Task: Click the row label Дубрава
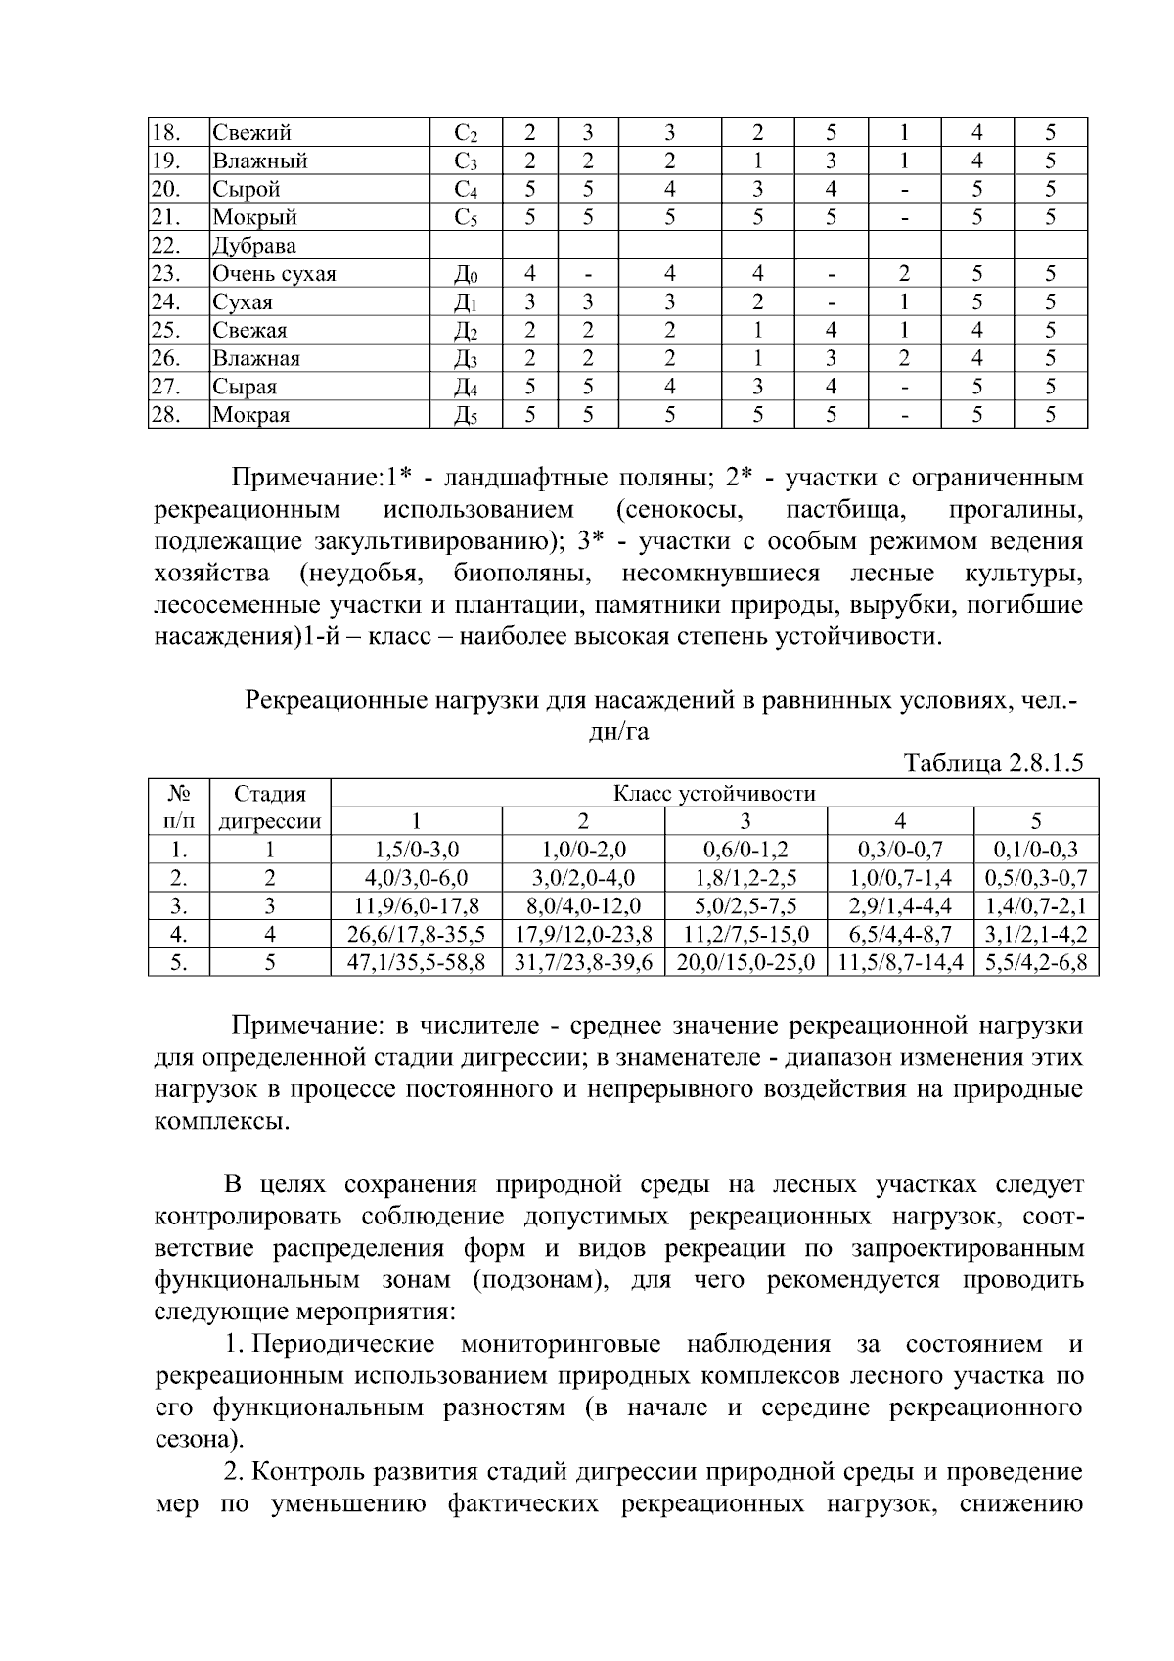pos(254,246)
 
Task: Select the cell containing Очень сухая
pos(274,274)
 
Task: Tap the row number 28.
pos(166,415)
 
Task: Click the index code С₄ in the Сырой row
pos(466,189)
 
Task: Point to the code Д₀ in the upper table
pos(466,274)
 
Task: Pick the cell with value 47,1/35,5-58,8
pos(417,963)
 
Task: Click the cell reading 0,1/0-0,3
pos(1036,850)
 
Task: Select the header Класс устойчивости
pos(714,794)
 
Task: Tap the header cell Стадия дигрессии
pos(270,807)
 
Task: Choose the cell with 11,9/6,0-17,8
pos(417,906)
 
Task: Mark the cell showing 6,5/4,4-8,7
pos(900,935)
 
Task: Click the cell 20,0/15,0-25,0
pos(745,963)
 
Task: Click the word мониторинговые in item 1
pos(560,1345)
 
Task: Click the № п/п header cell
pos(178,807)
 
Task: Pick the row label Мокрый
pos(254,217)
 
